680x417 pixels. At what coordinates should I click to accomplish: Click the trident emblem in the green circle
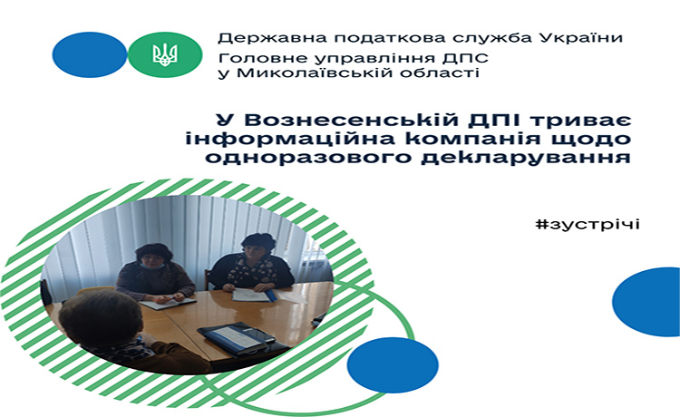[x=165, y=54]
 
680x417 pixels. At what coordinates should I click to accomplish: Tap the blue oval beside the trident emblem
[x=90, y=54]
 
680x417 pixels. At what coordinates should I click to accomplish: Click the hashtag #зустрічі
[x=588, y=225]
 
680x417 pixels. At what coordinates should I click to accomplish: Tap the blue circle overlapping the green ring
[x=393, y=364]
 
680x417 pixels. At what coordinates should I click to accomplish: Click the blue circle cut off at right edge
[x=646, y=302]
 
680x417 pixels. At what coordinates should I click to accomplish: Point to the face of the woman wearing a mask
[x=152, y=260]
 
